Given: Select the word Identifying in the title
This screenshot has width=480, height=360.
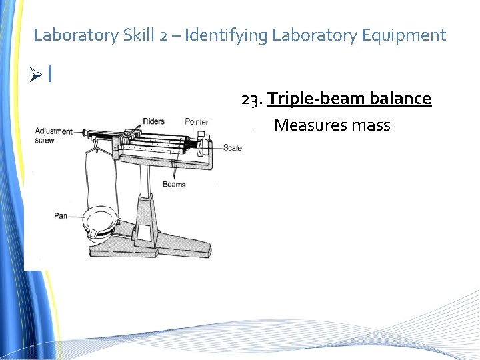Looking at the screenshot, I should (x=227, y=35).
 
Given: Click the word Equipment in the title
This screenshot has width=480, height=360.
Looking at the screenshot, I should (x=407, y=35).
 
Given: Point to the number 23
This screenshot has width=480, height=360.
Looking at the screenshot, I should (x=251, y=99).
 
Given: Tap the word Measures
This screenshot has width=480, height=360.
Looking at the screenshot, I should (x=309, y=125).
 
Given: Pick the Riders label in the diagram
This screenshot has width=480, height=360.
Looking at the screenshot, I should (x=153, y=122).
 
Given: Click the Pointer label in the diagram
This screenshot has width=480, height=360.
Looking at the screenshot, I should (x=197, y=122).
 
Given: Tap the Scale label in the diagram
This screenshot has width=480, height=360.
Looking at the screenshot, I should (x=233, y=147).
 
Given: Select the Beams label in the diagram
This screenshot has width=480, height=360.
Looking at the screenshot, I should (x=174, y=184).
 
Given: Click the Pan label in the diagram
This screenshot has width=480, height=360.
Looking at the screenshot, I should (x=61, y=216).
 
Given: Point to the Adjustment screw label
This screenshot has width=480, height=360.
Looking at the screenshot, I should (x=53, y=135).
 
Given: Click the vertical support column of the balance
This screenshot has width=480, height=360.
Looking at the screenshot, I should (x=145, y=200).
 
